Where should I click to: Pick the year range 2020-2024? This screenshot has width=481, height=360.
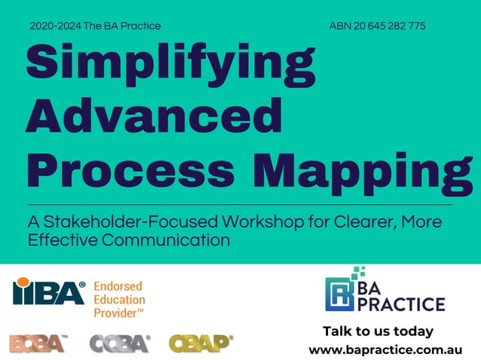[55, 26]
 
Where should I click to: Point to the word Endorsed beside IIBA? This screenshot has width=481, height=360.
[118, 286]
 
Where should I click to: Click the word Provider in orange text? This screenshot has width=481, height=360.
[116, 311]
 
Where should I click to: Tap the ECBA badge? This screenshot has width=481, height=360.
[38, 343]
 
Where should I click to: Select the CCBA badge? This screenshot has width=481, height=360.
[119, 343]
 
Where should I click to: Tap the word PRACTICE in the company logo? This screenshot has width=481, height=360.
[405, 304]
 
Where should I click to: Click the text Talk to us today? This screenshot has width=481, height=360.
[378, 331]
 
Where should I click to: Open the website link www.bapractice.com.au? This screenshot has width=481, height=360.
[384, 350]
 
